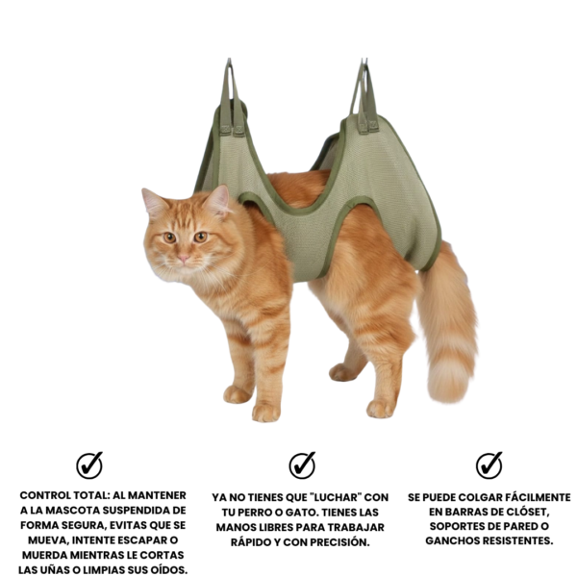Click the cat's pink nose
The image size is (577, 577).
(x=184, y=258)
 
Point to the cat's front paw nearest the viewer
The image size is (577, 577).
(x=265, y=413)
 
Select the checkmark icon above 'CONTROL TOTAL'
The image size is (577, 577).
(x=89, y=465)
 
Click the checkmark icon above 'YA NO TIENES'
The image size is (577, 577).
(x=302, y=465)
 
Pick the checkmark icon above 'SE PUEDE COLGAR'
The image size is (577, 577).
(x=489, y=465)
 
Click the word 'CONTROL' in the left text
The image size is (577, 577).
(x=45, y=495)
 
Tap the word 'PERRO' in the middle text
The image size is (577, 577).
(x=255, y=513)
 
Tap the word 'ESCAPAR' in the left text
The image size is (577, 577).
(x=138, y=540)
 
